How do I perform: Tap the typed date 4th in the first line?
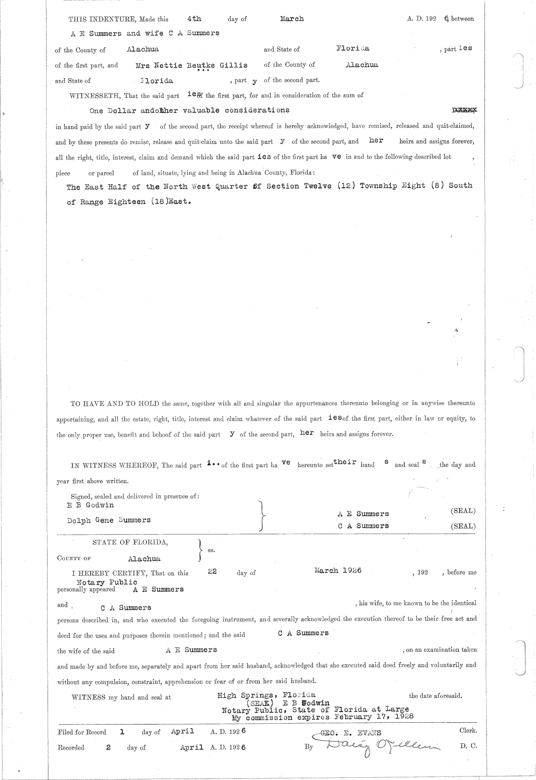click(x=194, y=19)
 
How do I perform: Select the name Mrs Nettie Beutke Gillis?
click(x=192, y=65)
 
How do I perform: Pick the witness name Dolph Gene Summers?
click(x=109, y=520)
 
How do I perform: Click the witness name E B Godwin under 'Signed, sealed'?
click(x=90, y=505)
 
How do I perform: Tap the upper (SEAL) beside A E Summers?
click(x=463, y=510)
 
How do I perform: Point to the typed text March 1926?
click(x=338, y=570)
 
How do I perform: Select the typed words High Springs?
click(x=245, y=695)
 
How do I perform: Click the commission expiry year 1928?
click(x=403, y=717)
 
